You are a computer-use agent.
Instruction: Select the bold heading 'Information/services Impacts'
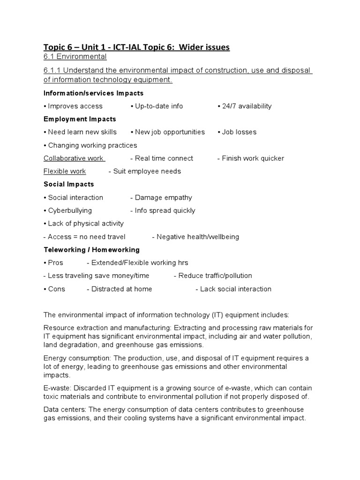(x=93, y=93)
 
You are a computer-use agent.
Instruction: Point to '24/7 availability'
(x=247, y=106)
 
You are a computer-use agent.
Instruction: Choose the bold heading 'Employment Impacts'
(x=80, y=119)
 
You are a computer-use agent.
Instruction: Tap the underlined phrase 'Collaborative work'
(x=74, y=158)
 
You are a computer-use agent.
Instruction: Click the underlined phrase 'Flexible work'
(x=65, y=171)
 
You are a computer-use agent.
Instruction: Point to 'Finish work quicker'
(x=253, y=158)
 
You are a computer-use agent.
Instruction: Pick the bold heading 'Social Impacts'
(x=68, y=184)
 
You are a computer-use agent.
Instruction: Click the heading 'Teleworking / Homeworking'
(x=91, y=250)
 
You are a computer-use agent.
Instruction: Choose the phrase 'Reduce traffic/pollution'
(x=215, y=276)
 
